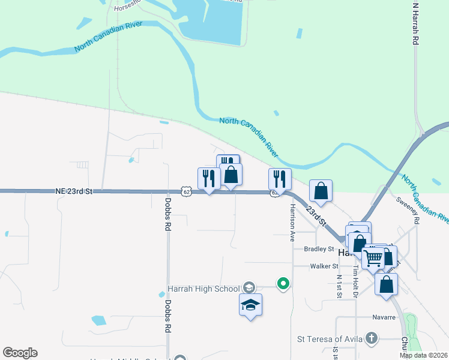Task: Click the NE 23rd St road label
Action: [x=74, y=191]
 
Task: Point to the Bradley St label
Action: [x=318, y=249]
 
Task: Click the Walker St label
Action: [x=324, y=266]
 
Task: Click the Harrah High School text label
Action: [x=203, y=289]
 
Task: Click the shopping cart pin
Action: [x=373, y=258]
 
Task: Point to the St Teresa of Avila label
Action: [x=330, y=339]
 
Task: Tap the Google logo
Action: [x=20, y=353]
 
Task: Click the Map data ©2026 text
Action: [x=423, y=355]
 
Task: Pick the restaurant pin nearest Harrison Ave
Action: [x=280, y=179]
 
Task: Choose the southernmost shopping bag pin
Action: [x=386, y=284]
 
